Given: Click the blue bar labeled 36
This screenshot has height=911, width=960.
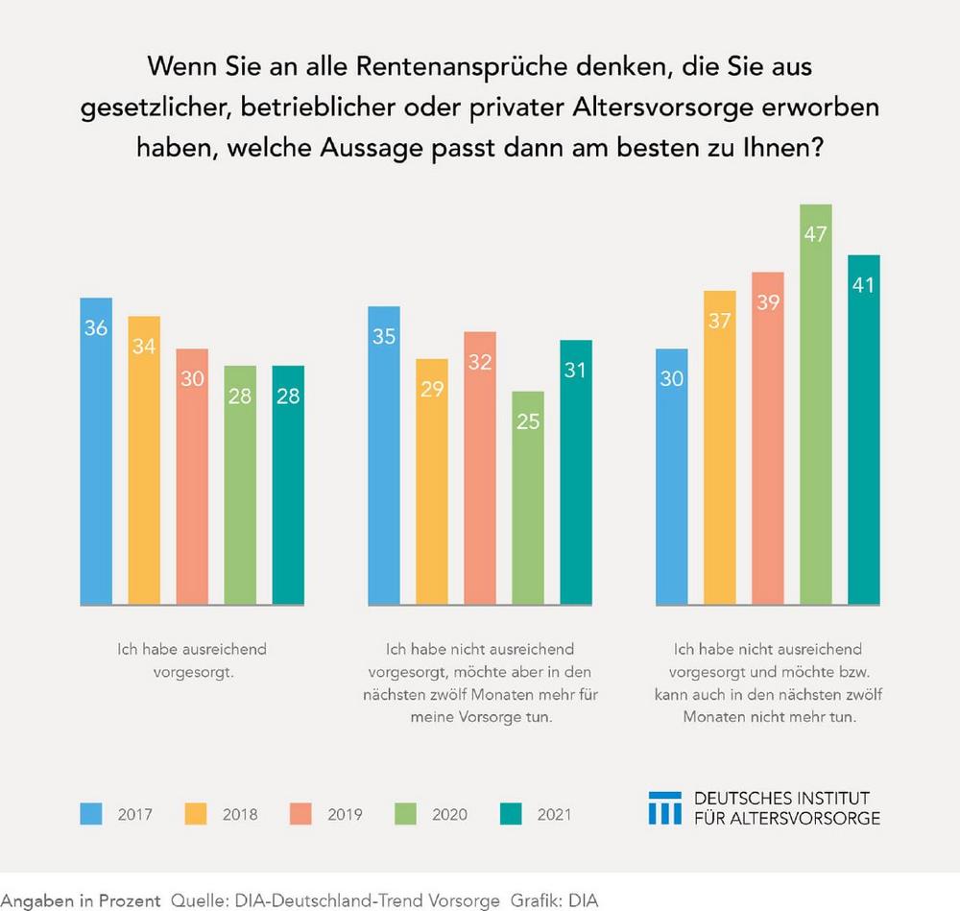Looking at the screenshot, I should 96,451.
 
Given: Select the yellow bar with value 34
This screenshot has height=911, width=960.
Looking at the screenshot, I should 144,461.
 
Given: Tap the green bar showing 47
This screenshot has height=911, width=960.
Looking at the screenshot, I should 816,404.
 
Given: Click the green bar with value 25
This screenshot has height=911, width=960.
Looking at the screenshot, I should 528,498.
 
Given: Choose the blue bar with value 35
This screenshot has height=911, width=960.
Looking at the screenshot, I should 384,456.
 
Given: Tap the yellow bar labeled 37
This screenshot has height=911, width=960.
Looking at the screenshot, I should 720,447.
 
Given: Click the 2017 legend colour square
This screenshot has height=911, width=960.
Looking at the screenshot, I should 91,814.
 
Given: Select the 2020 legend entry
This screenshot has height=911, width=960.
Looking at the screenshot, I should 430,814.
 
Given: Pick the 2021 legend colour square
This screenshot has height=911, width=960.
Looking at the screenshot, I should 512,814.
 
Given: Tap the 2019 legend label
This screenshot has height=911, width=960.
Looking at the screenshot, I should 344,815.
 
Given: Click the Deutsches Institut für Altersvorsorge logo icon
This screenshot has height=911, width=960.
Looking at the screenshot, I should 665,807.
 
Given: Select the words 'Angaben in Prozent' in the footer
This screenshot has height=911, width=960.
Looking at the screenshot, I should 81,900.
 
